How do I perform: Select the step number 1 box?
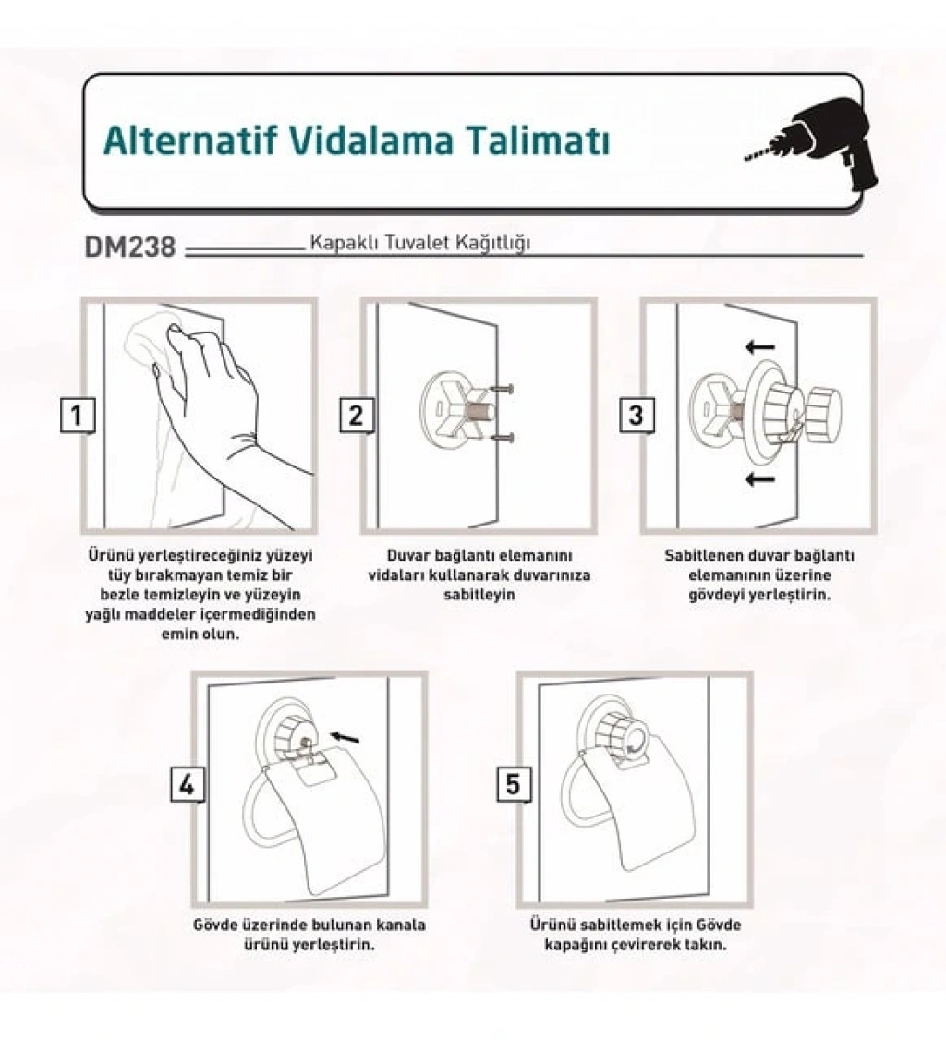click(x=78, y=416)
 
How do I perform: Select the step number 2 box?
click(x=357, y=416)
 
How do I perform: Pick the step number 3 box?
click(x=637, y=416)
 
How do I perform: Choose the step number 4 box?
click(x=188, y=785)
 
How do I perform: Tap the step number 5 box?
click(x=514, y=785)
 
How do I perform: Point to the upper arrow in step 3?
click(x=759, y=346)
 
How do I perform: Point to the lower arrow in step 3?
click(x=759, y=478)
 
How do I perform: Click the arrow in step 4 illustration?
click(x=345, y=737)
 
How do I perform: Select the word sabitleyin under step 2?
click(x=479, y=594)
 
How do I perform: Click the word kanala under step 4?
click(x=401, y=924)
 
